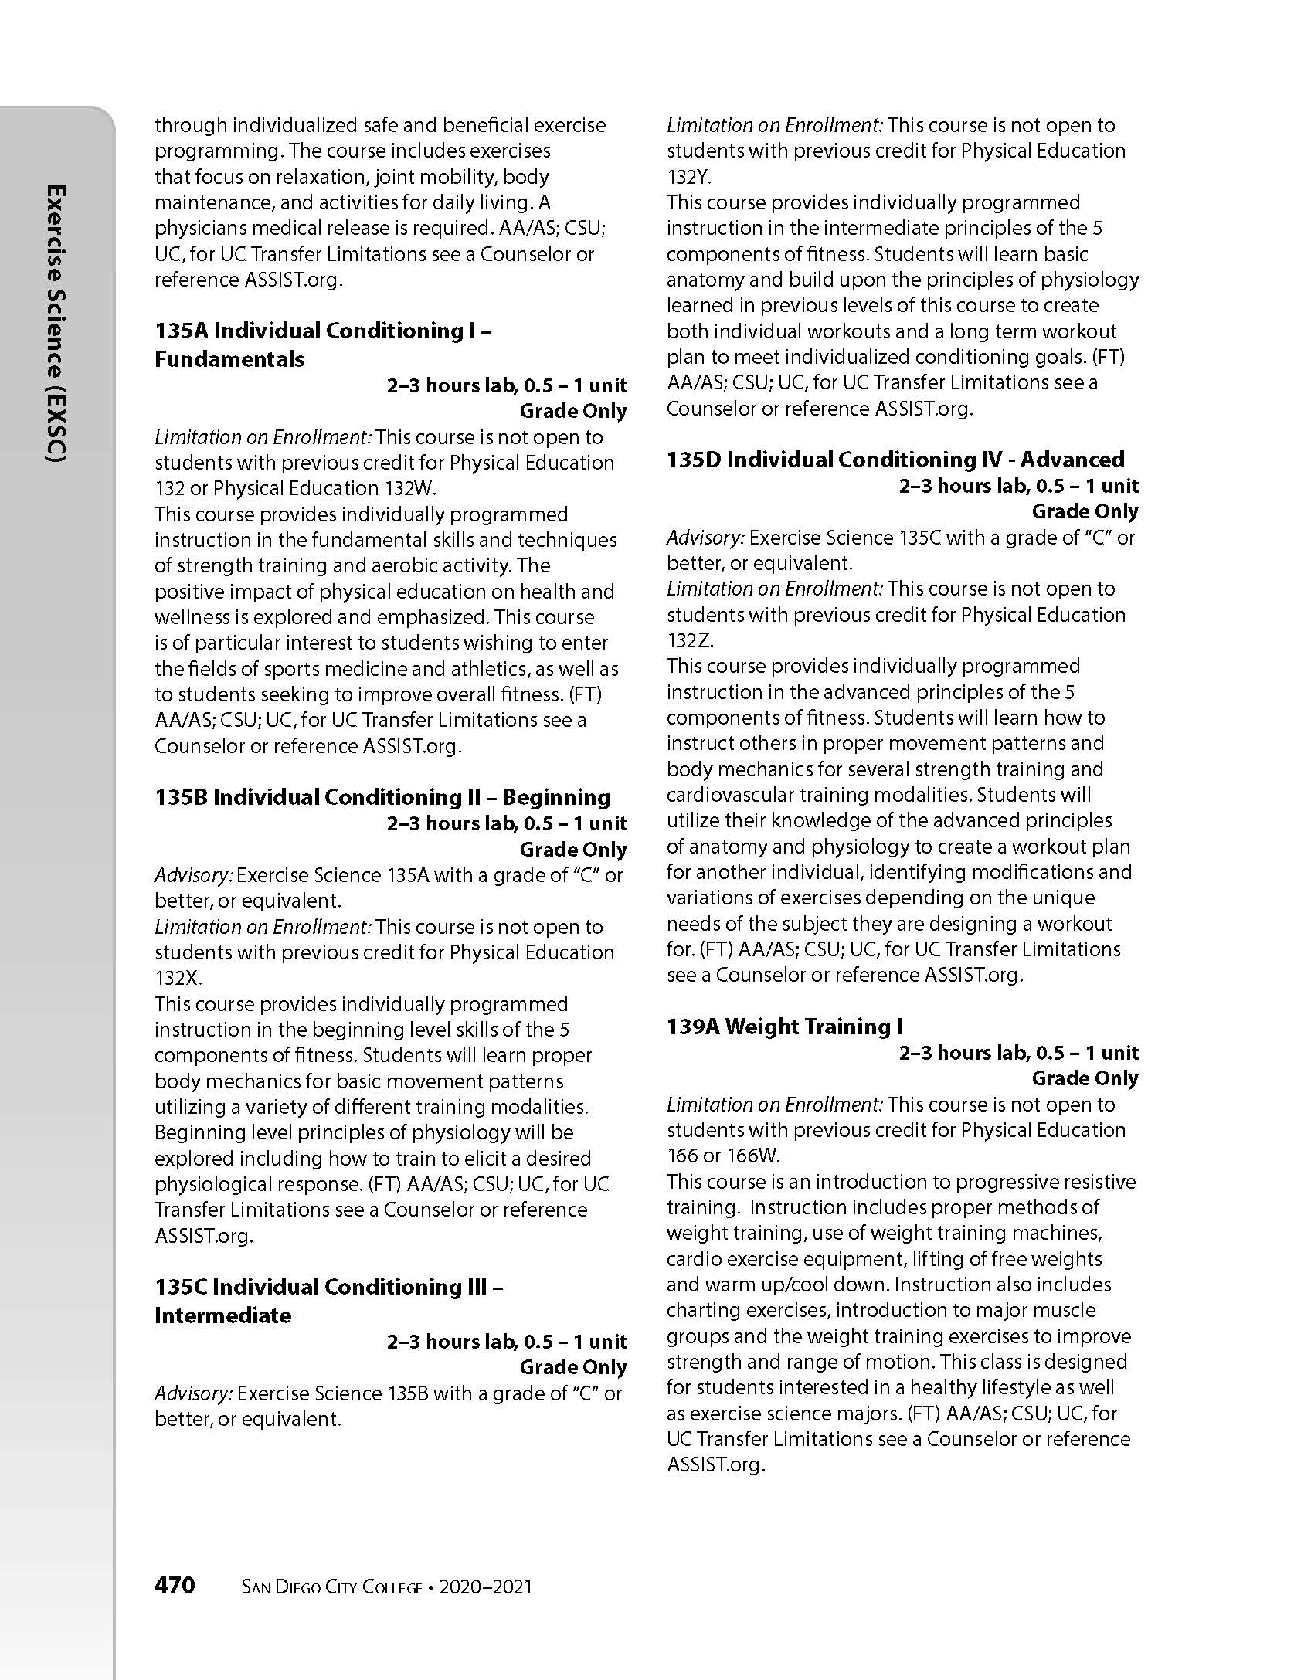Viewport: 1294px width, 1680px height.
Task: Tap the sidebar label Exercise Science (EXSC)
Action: pos(56,324)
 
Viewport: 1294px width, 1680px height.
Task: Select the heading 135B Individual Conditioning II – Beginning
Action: pos(382,797)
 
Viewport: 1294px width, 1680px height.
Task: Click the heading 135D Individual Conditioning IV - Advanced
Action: pos(895,460)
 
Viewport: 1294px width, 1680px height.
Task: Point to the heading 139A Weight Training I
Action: pos(784,1027)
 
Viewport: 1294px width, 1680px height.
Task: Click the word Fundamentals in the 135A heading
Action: pos(229,359)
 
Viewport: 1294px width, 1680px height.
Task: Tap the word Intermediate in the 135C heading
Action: pos(223,1315)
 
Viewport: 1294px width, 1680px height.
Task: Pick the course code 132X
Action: pos(177,978)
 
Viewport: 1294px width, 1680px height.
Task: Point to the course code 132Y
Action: pos(688,177)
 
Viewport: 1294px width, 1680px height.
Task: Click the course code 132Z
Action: pos(689,640)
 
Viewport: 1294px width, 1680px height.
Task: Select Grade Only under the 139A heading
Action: pos(1085,1078)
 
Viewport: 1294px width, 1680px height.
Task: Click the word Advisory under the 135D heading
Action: pos(705,538)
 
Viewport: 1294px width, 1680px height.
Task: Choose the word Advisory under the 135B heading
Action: pos(193,875)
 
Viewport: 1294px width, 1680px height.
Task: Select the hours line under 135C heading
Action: pos(507,1342)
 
